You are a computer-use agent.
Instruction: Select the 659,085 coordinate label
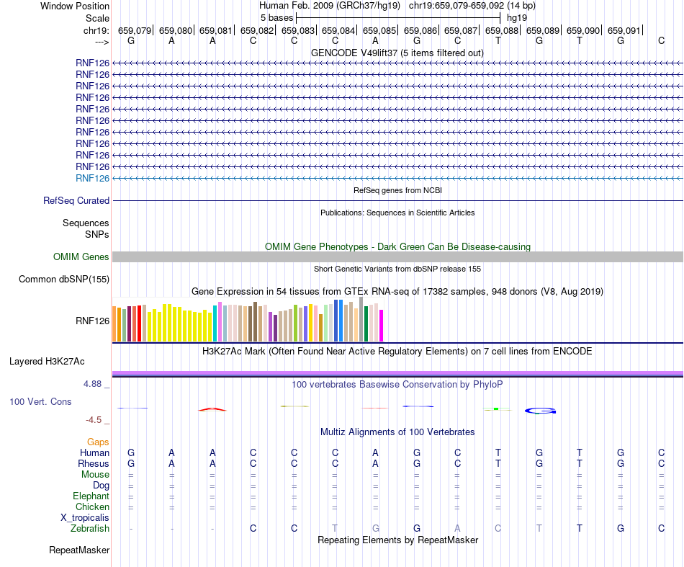[x=379, y=30]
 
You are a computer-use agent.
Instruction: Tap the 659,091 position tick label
[x=624, y=30]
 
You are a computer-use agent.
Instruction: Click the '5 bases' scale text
[x=276, y=17]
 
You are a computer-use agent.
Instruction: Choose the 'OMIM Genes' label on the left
[x=81, y=257]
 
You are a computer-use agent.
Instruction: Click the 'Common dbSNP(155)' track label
[x=64, y=280]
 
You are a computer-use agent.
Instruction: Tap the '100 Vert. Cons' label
[x=40, y=401]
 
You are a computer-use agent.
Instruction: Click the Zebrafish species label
[x=90, y=529]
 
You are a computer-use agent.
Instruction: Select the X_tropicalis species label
[x=85, y=518]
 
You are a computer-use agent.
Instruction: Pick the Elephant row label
[x=91, y=496]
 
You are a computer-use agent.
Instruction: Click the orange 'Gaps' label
[x=98, y=442]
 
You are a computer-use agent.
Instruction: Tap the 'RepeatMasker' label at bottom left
[x=79, y=550]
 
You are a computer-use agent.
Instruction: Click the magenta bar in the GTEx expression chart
[x=382, y=326]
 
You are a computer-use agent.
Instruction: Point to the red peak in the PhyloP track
[x=212, y=409]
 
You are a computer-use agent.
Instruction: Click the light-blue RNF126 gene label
[x=92, y=178]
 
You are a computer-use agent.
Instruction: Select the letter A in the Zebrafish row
[x=457, y=528]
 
